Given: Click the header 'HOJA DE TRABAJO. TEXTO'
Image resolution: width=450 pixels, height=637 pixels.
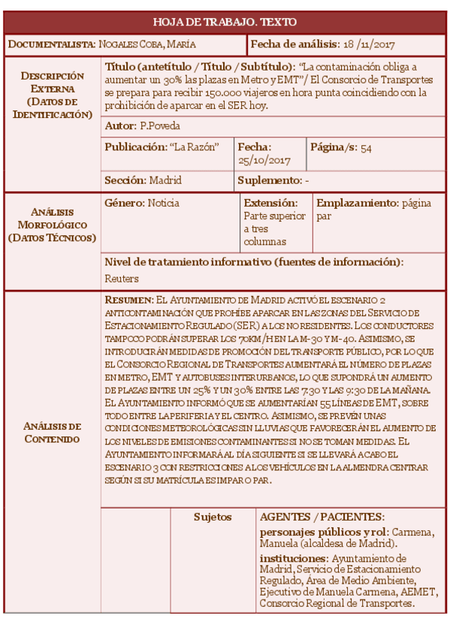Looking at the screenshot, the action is point(225,22).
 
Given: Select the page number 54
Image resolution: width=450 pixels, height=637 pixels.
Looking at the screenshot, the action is point(366,148).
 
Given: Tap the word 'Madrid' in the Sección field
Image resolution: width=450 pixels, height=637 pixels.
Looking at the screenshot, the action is point(165,180).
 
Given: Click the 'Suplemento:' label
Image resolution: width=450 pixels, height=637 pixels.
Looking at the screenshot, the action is point(268,180).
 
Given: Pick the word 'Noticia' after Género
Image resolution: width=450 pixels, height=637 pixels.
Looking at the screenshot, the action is point(163,203).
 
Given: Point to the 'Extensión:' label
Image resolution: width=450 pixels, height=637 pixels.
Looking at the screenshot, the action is point(270,203).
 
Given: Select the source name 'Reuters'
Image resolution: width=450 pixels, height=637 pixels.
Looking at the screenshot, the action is point(122,279).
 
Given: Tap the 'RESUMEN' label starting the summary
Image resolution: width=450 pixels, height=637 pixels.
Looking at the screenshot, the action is point(129,300).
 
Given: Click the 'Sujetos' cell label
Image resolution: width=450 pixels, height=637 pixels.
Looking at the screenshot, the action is point(213,517).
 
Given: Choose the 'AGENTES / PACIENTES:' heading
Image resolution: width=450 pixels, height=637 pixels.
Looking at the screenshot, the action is point(322,517).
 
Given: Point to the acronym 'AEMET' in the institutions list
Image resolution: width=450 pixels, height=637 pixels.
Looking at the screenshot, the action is point(418,592).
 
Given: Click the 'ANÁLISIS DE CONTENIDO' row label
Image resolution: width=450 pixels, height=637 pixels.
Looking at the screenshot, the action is point(52,432).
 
